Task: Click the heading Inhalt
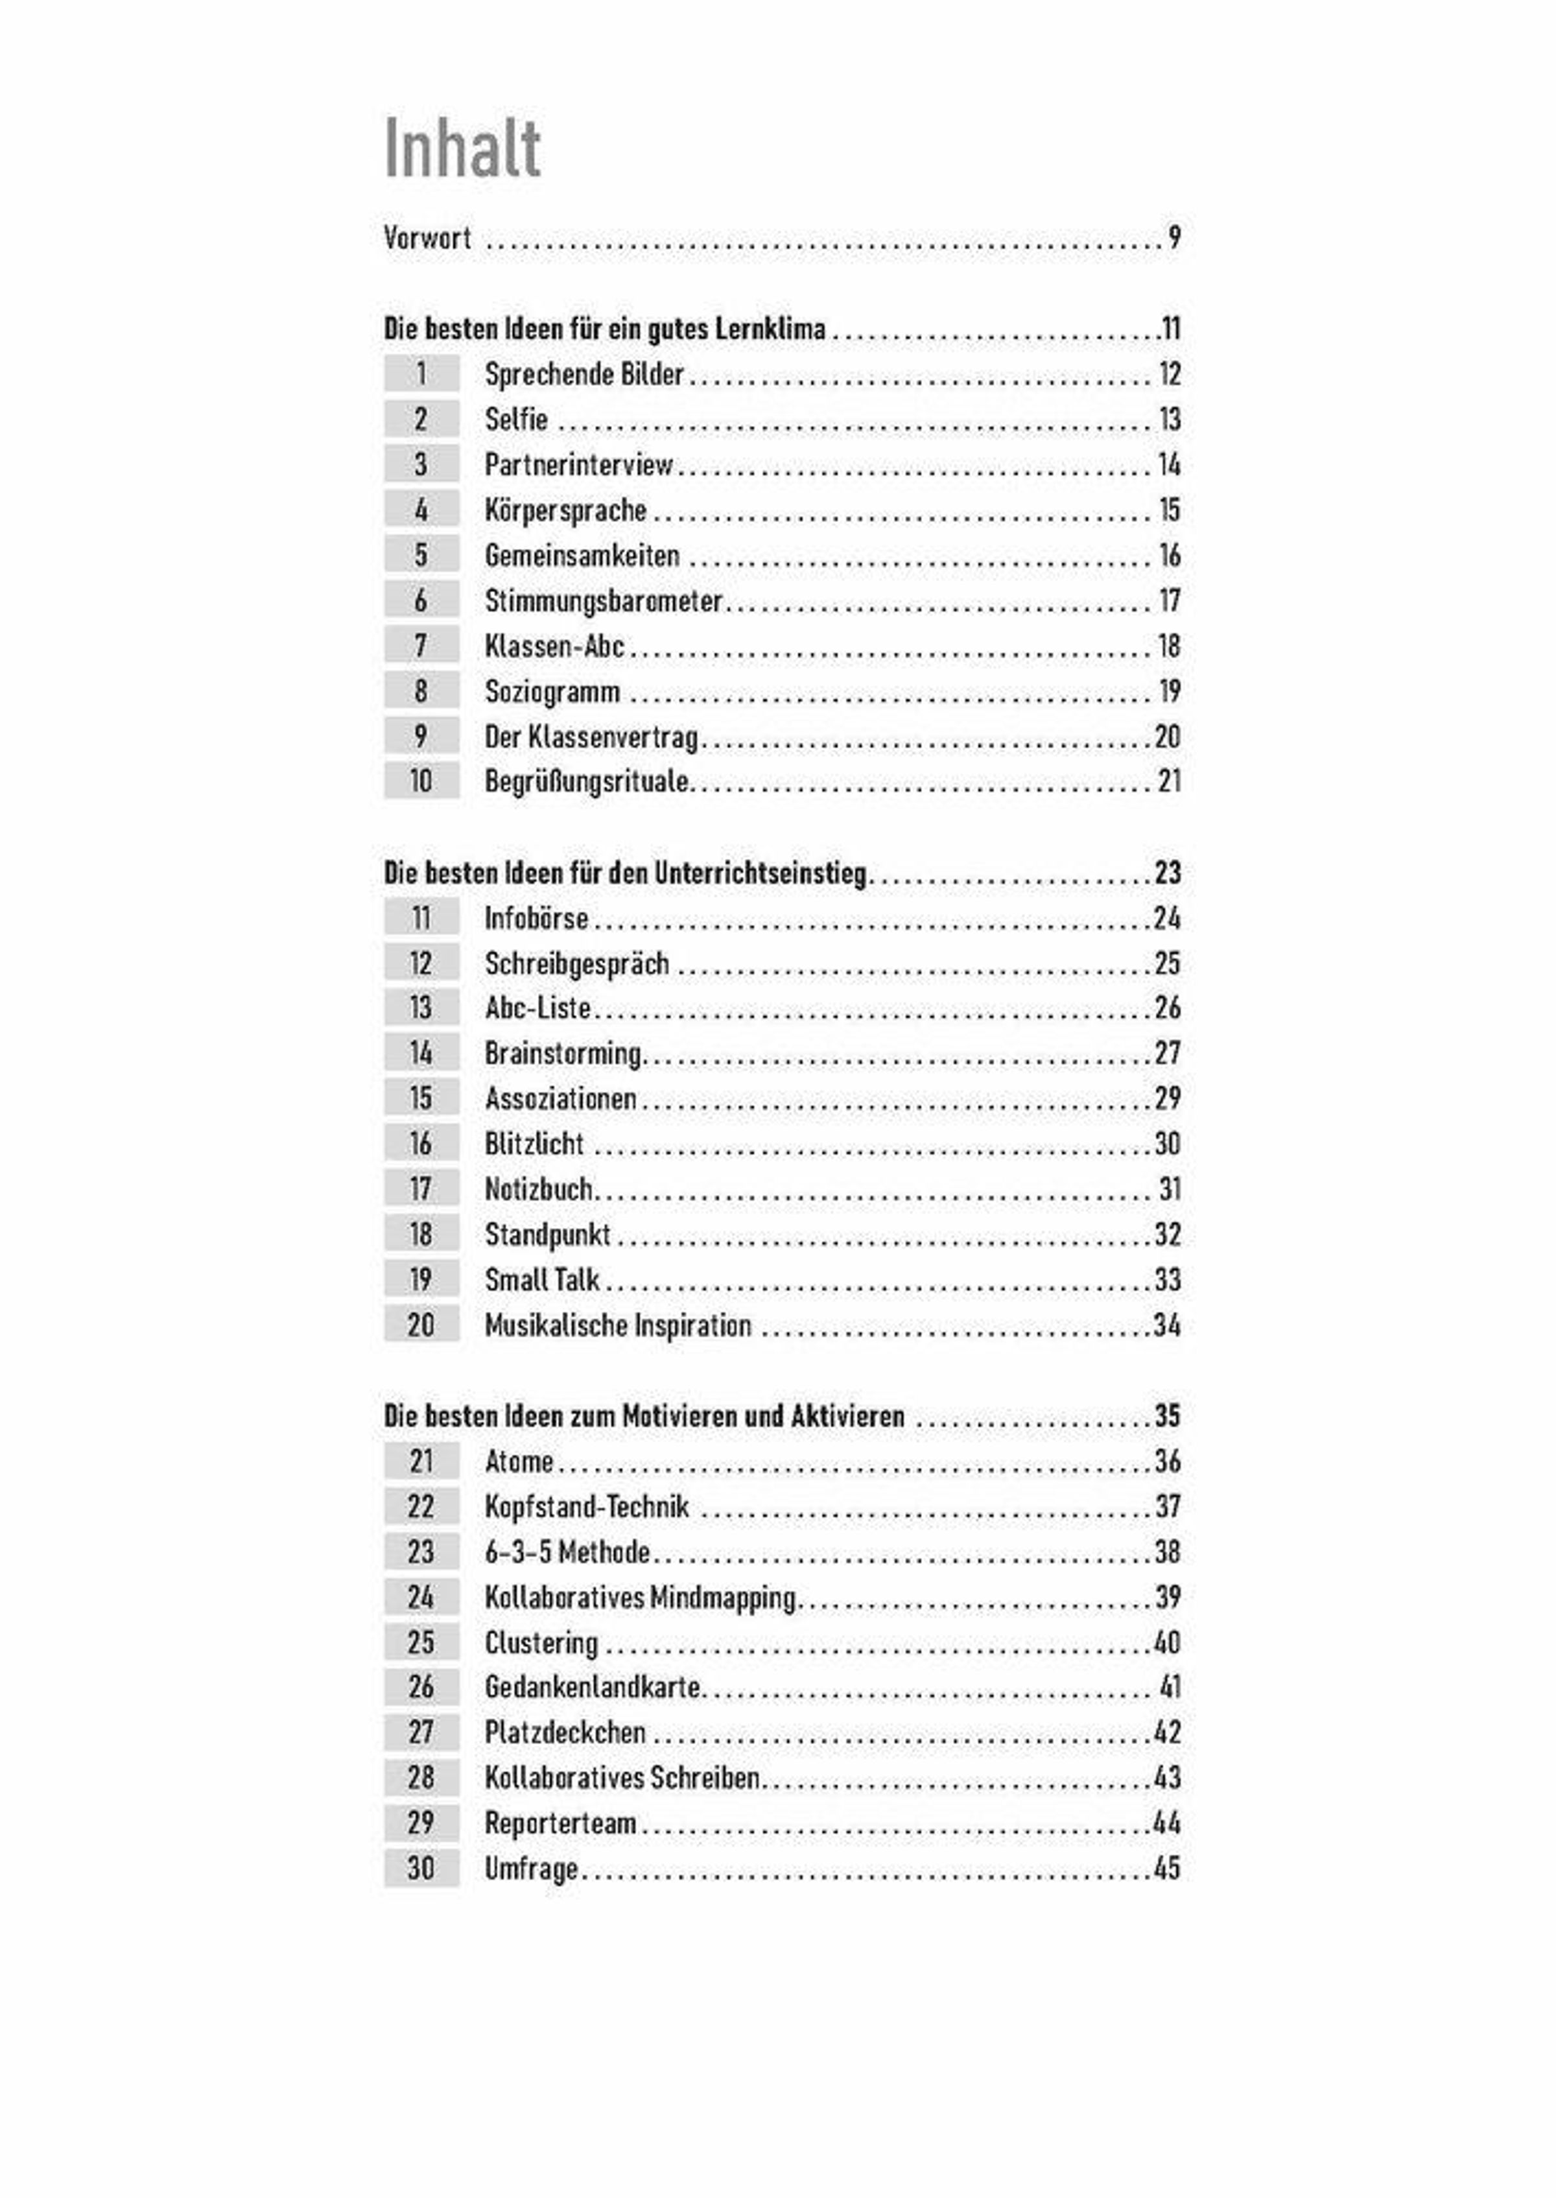pyautogui.click(x=463, y=148)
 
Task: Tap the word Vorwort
pyautogui.click(x=427, y=237)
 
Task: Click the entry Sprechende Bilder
pyautogui.click(x=583, y=373)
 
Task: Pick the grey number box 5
pyautogui.click(x=421, y=555)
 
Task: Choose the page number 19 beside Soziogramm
pyautogui.click(x=1169, y=691)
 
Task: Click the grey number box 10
pyautogui.click(x=421, y=781)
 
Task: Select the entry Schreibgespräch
pyautogui.click(x=577, y=963)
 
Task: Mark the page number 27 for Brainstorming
pyautogui.click(x=1167, y=1053)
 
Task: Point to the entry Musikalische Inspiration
pyautogui.click(x=618, y=1325)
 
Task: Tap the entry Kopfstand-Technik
pyautogui.click(x=586, y=1506)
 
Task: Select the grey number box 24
pyautogui.click(x=421, y=1597)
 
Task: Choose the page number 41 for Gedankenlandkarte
pyautogui.click(x=1170, y=1687)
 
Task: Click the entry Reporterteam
pyautogui.click(x=561, y=1823)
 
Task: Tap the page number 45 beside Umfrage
pyautogui.click(x=1167, y=1867)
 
